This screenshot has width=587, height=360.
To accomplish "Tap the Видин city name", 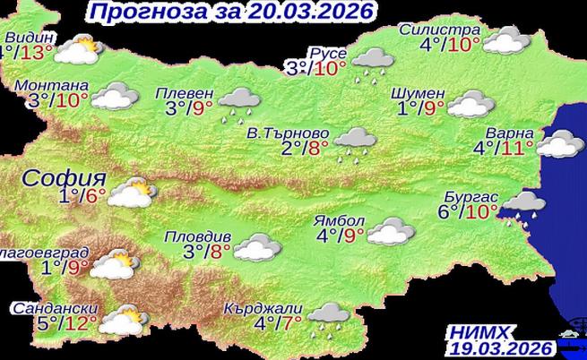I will tap(30, 38).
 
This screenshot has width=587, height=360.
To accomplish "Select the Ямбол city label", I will tap(340, 220).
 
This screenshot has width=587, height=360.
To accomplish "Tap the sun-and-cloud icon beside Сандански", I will tap(120, 318).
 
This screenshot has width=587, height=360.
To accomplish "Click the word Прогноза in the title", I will tap(139, 13).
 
